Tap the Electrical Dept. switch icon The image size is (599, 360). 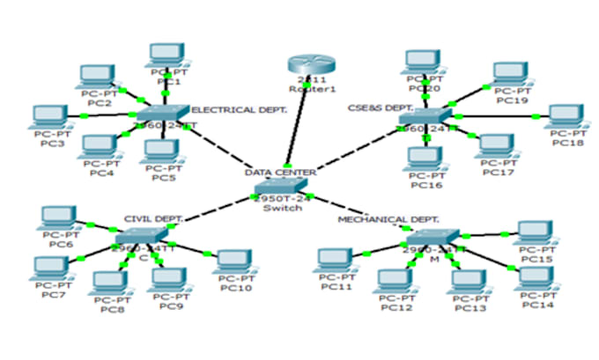(164, 114)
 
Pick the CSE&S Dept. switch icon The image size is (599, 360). (425, 119)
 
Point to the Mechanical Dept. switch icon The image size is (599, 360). (433, 239)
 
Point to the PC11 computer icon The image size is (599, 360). (336, 261)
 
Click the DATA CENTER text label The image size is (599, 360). (280, 172)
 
